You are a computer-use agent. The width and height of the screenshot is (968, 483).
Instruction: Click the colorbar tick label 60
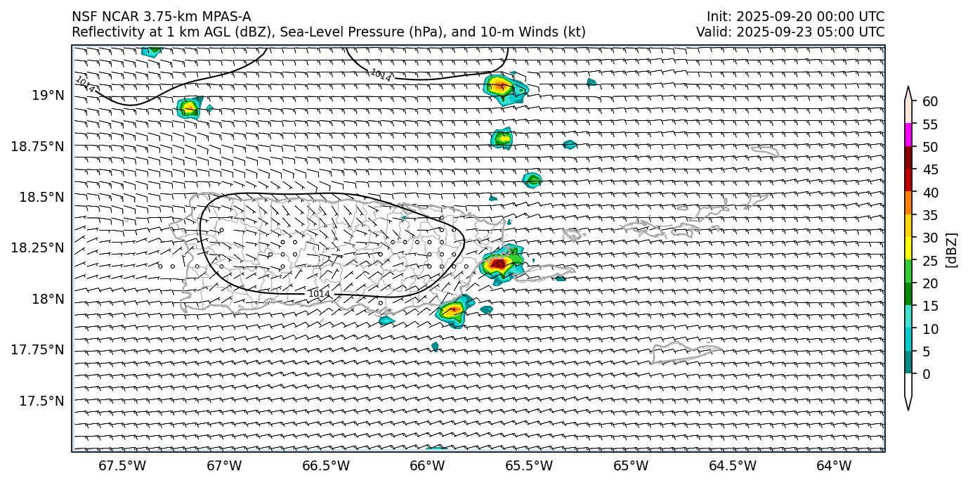[x=930, y=102]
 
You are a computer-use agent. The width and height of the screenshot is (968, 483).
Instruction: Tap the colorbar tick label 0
[x=926, y=374]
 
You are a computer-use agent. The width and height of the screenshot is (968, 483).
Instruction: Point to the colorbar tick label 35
[x=930, y=215]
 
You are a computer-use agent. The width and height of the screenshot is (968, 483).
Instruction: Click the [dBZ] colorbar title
[x=952, y=250]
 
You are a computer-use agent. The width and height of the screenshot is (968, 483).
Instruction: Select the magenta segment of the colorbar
[x=908, y=135]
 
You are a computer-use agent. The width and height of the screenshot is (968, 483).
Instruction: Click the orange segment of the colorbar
[x=908, y=203]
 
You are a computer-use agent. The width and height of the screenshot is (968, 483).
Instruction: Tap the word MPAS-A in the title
[x=225, y=17]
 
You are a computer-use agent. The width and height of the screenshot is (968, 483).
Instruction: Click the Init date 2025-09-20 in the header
[x=773, y=17]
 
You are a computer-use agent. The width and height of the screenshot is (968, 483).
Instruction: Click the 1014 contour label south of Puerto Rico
[x=319, y=293]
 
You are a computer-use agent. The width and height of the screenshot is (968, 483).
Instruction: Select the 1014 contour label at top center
[x=381, y=75]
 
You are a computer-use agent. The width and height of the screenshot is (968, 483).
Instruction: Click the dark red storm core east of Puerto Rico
[x=498, y=264]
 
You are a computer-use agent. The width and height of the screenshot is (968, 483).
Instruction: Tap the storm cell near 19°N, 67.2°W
[x=188, y=108]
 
